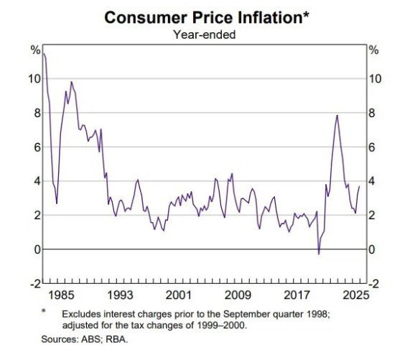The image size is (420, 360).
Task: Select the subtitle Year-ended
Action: (x=205, y=34)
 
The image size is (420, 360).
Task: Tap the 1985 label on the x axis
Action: (x=61, y=295)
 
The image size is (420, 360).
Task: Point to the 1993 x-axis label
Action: (x=120, y=295)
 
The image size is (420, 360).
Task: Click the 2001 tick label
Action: (x=179, y=295)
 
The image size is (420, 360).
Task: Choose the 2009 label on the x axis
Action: (x=238, y=295)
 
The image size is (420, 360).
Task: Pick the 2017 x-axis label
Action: (x=297, y=295)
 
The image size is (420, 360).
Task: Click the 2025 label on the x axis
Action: (x=356, y=295)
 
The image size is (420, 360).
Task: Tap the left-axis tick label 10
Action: (x=34, y=79)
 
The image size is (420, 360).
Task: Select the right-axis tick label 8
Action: (x=372, y=113)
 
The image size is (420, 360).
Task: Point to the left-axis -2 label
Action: (x=36, y=284)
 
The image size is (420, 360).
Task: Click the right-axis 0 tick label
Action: (x=372, y=249)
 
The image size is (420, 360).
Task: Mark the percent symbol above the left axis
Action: (x=36, y=50)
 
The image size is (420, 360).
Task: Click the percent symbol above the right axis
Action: (x=373, y=50)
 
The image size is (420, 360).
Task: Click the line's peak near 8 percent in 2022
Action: (x=337, y=116)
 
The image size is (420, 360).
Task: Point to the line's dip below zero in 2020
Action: (x=319, y=254)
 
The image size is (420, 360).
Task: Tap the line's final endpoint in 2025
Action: (x=359, y=186)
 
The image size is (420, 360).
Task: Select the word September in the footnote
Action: (x=247, y=314)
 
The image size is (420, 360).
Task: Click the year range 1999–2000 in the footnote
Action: (x=221, y=326)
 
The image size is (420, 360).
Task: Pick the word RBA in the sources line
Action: (x=116, y=339)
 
